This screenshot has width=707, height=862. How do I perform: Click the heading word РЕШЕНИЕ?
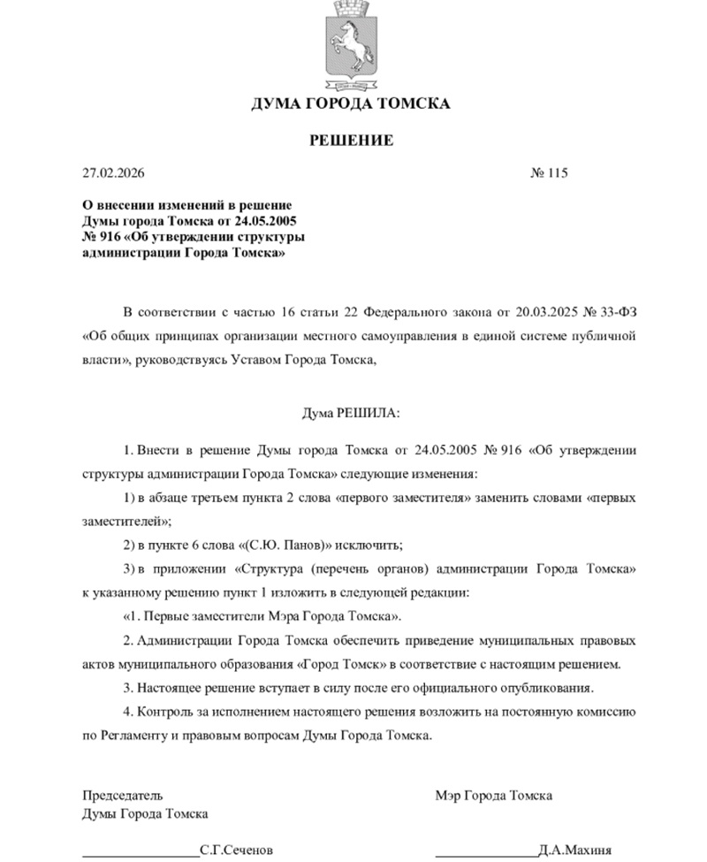tap(351, 141)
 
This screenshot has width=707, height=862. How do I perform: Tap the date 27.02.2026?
tap(111, 172)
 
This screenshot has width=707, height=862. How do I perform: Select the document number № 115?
tap(549, 172)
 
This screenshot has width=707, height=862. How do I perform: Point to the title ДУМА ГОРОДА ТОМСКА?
tap(351, 103)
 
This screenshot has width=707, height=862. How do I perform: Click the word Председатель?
tap(123, 795)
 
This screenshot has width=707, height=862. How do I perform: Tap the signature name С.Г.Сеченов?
tap(237, 850)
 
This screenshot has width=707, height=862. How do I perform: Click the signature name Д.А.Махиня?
tap(575, 850)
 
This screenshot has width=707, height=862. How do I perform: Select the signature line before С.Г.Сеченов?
tap(141, 854)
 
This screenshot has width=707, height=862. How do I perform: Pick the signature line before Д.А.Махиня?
tap(486, 854)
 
